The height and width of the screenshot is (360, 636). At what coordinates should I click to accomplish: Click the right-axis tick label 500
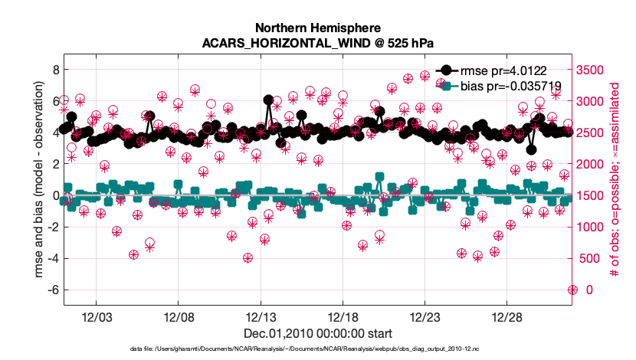pos(592,258)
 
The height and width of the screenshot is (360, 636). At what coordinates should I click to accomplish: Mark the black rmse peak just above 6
pos(268,100)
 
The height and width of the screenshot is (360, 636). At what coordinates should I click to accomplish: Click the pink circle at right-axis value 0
pos(572,289)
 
